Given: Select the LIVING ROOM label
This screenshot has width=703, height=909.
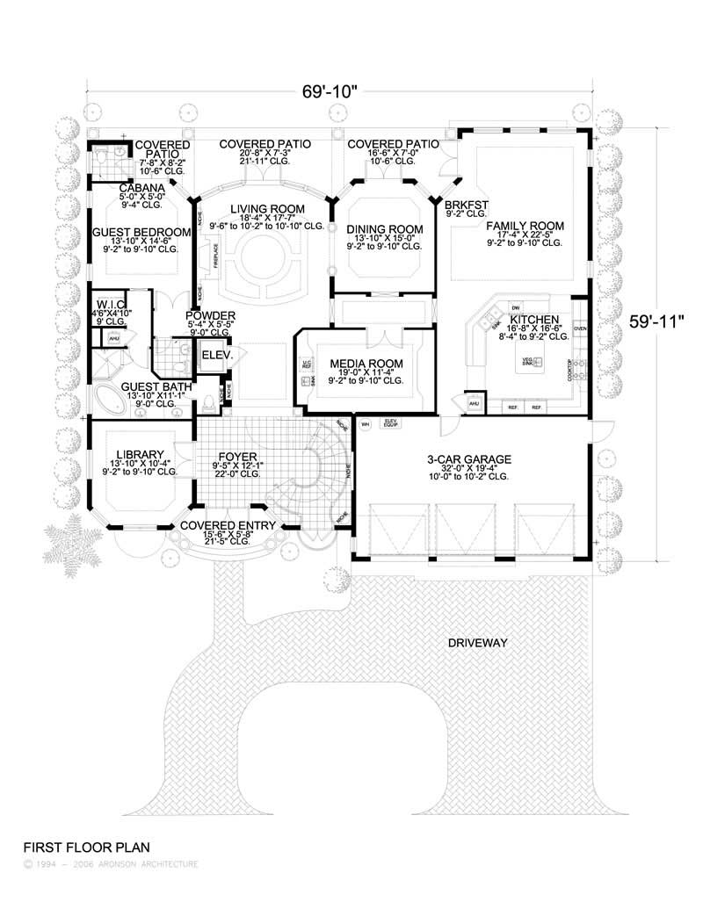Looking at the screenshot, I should click(268, 209).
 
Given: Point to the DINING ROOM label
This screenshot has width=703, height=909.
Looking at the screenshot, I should click(385, 229).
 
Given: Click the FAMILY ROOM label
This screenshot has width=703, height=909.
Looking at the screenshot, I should click(525, 226).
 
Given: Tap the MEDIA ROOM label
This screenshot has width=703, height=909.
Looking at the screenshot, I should click(366, 364).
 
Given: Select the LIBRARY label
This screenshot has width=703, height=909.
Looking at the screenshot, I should click(141, 454).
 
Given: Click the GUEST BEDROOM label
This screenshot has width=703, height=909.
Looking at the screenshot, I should click(141, 232).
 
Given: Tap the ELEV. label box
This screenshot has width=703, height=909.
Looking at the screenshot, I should click(216, 356).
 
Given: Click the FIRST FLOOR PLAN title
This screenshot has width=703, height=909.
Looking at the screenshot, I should click(86, 848).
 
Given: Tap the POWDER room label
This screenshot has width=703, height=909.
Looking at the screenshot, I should click(210, 315).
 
